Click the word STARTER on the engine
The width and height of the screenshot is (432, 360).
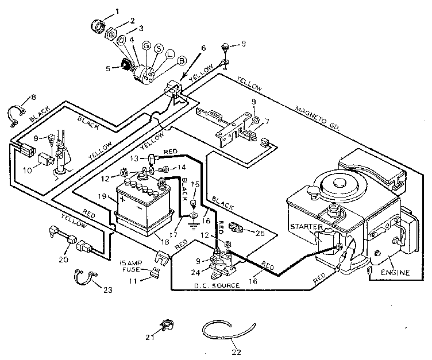coord(307,227)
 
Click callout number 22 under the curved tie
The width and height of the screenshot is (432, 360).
coord(236,351)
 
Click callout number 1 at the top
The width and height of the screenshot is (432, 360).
coord(118,11)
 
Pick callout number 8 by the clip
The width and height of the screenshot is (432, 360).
coord(33,97)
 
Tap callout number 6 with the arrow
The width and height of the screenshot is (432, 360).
coord(202,48)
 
